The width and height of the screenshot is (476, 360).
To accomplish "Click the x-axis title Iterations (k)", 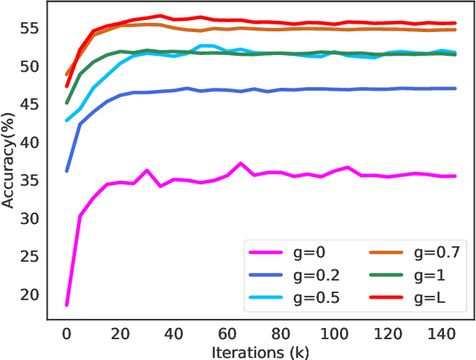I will [x=260, y=351].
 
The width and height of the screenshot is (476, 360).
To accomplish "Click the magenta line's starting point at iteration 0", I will [x=67, y=305].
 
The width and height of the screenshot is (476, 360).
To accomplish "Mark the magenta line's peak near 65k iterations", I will [x=240, y=163].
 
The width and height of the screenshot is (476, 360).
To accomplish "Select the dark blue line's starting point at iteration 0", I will [x=67, y=170].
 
